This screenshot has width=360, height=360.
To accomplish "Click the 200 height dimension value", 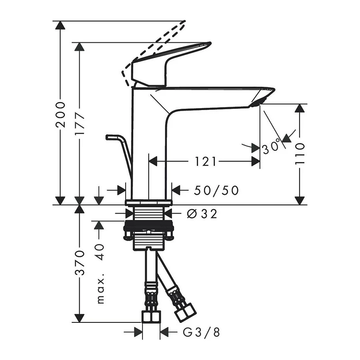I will (x=60, y=114).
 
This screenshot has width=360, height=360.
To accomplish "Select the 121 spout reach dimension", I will (x=206, y=162).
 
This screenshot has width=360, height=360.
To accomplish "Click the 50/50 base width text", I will (x=216, y=191).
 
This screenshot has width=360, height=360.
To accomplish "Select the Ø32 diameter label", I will (x=202, y=214).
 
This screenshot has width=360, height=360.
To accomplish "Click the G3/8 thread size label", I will (x=202, y=332).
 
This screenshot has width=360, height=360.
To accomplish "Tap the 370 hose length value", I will (x=80, y=263).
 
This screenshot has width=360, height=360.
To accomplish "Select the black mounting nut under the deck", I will (x=149, y=229).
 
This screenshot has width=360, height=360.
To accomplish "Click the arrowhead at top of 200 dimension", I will (x=60, y=25).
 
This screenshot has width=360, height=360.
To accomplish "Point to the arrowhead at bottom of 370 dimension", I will (x=80, y=318).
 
